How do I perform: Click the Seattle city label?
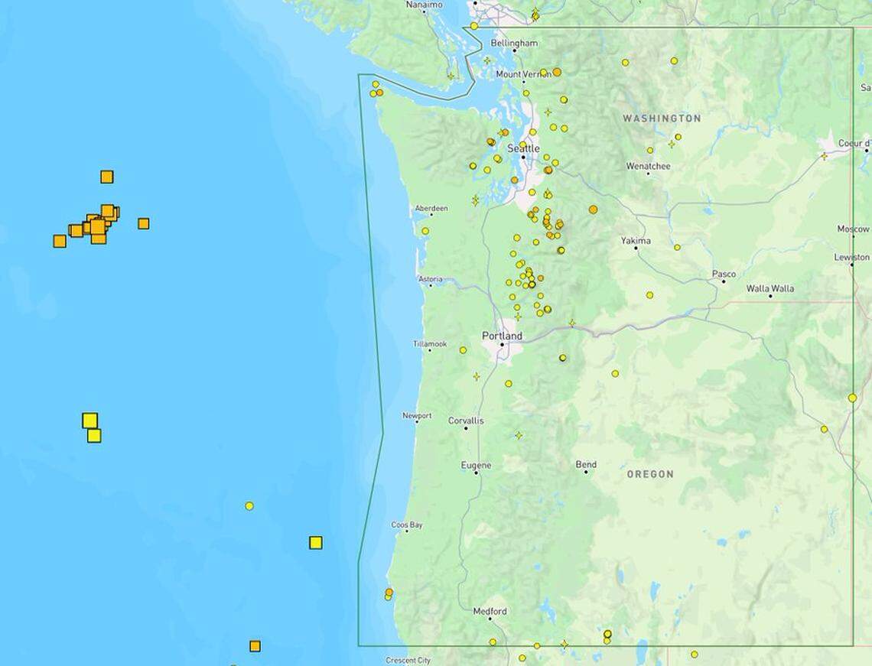pyautogui.click(x=523, y=148)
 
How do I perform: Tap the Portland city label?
pyautogui.click(x=502, y=336)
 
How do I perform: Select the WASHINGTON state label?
pyautogui.click(x=661, y=119)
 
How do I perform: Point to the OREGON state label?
pyautogui.click(x=650, y=474)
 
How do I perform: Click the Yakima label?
pyautogui.click(x=636, y=241)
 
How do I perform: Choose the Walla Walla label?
pyautogui.click(x=770, y=288)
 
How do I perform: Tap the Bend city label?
pyautogui.click(x=586, y=464)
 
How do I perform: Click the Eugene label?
pyautogui.click(x=476, y=465)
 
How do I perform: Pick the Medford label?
pyautogui.click(x=490, y=611)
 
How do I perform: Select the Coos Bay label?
pyautogui.click(x=407, y=525)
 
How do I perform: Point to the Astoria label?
pyautogui.click(x=430, y=279)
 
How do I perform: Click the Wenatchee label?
pyautogui.click(x=648, y=166)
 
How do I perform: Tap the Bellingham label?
pyautogui.click(x=514, y=44)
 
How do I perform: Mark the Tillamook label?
pyautogui.click(x=430, y=344)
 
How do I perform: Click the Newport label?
pyautogui.click(x=417, y=416)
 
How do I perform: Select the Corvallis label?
pyautogui.click(x=466, y=421)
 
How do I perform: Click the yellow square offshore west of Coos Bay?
pyautogui.click(x=315, y=543)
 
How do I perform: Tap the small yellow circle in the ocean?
pyautogui.click(x=249, y=506)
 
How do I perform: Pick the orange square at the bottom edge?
pyautogui.click(x=255, y=646)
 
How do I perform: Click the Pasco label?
pyautogui.click(x=724, y=274)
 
